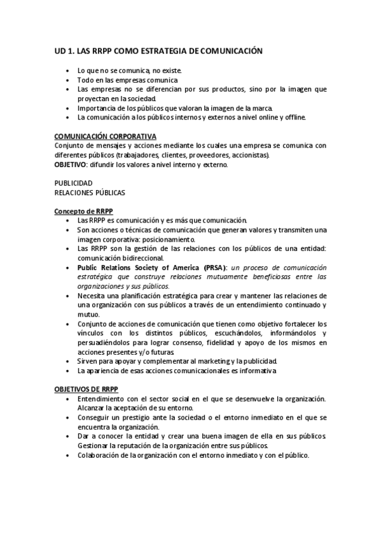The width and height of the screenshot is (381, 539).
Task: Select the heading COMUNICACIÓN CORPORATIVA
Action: pos(105,136)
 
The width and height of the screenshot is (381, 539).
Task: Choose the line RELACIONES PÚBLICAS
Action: pos(90,192)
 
